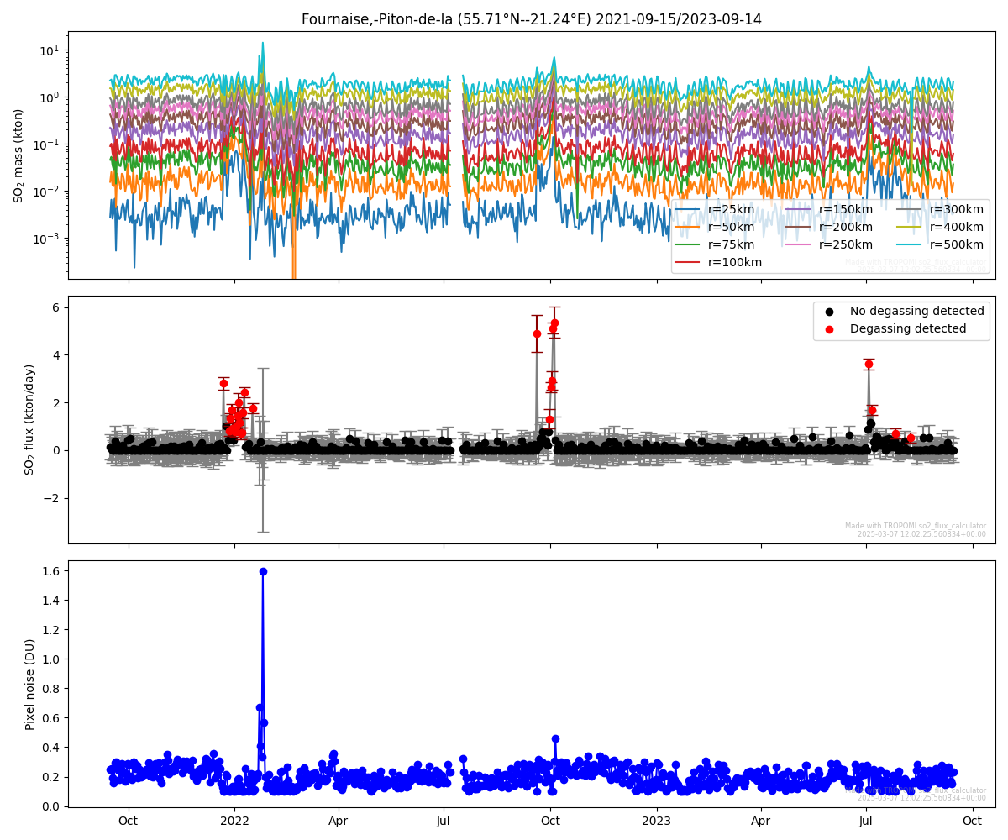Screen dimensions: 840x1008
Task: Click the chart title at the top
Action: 531,19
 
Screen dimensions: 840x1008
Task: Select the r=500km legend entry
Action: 957,244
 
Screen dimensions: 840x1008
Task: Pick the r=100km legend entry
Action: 734,262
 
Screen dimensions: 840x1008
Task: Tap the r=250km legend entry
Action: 846,244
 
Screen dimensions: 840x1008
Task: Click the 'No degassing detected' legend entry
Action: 916,311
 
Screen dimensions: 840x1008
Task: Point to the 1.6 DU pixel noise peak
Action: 263,571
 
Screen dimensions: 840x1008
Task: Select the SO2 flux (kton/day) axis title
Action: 29,419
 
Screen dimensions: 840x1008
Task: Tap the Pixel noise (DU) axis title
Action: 29,684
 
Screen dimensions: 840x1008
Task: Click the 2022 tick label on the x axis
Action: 234,821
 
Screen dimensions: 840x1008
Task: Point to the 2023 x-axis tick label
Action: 656,821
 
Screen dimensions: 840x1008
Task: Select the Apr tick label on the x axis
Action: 339,821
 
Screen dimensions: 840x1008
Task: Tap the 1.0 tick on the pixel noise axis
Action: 50,659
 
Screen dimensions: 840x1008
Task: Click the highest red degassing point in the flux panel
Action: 554,323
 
